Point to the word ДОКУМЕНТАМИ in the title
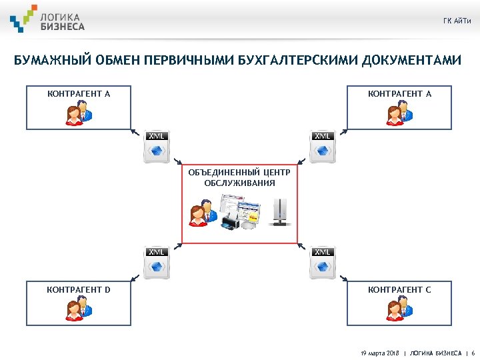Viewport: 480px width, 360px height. [412, 61]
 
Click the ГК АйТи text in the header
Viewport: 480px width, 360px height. [457, 21]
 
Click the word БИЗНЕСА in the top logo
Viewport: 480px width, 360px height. [63, 26]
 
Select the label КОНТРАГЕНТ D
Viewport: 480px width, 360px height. [78, 290]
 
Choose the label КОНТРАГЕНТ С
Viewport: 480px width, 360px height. [399, 290]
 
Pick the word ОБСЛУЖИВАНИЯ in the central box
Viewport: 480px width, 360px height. [239, 182]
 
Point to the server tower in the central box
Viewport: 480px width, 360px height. [280, 213]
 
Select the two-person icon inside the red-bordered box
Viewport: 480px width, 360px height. [201, 213]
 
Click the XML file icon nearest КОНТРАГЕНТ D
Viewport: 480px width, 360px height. [156, 264]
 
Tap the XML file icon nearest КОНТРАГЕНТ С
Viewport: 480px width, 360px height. [323, 264]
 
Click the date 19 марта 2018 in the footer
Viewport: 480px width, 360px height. [379, 352]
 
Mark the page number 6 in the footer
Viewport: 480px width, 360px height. [473, 352]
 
